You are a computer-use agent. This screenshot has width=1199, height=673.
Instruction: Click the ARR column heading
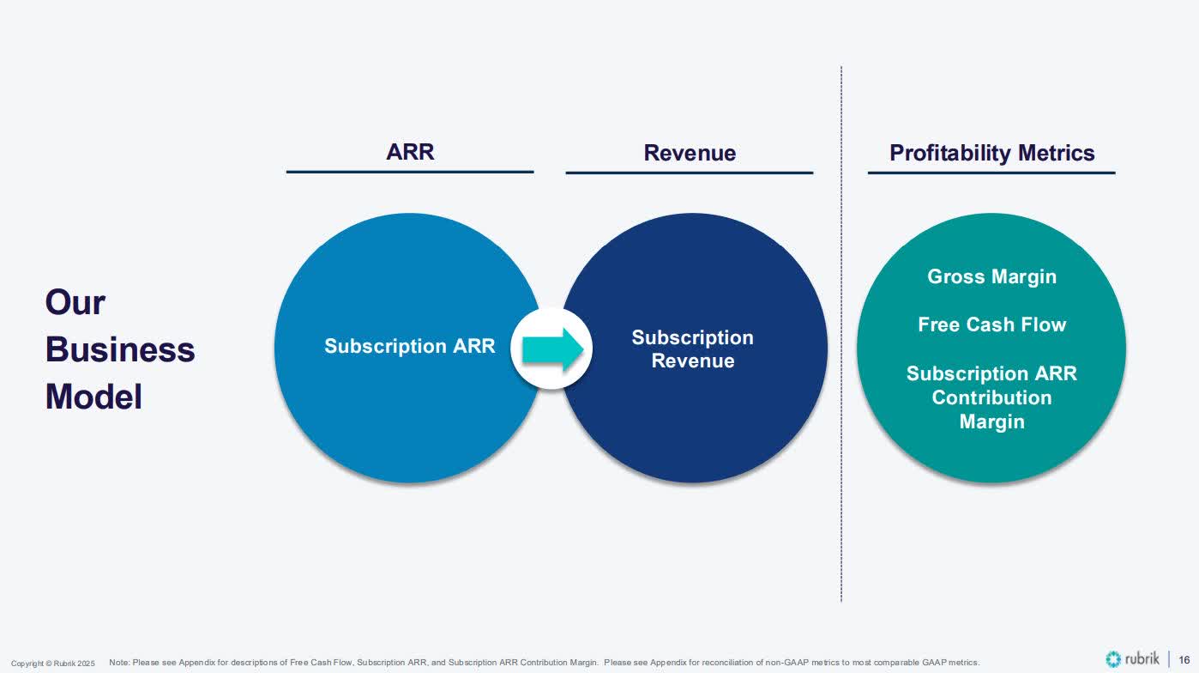point(410,152)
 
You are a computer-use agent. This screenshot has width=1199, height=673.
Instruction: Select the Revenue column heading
point(690,153)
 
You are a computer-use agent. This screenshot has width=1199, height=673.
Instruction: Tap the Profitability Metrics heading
point(991,153)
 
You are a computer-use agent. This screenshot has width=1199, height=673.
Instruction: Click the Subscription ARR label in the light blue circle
point(409,346)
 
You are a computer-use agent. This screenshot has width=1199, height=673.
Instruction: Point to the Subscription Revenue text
point(692,349)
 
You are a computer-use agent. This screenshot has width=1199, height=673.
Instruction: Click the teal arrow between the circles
point(553,349)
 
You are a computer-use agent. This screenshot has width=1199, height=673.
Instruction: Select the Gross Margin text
point(991,276)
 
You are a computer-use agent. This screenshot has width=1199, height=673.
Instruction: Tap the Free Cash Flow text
point(991,324)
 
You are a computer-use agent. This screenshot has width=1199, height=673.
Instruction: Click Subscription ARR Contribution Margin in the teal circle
point(991,397)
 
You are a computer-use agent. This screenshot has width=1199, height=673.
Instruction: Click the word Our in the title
point(75,302)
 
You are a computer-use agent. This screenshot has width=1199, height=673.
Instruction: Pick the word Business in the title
point(120,349)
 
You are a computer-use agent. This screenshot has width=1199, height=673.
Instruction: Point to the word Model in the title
point(93,397)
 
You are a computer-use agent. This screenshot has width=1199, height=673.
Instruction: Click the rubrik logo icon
point(1113,659)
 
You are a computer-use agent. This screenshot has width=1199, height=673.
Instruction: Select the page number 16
point(1184,659)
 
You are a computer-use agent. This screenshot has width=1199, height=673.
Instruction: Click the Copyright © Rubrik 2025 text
point(53,664)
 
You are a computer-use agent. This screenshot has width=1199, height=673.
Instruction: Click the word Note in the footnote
point(118,663)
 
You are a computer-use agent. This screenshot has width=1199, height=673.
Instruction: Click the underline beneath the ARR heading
point(410,172)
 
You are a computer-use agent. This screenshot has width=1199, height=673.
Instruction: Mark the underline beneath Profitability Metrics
point(991,173)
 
